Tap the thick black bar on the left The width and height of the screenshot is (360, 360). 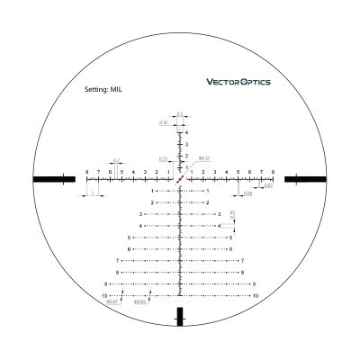pyautogui.click(x=54, y=179)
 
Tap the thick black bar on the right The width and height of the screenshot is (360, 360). pyautogui.click(x=305, y=179)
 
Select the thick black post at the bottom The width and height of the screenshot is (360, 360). pyautogui.click(x=180, y=316)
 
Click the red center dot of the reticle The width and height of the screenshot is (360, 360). pyautogui.click(x=180, y=179)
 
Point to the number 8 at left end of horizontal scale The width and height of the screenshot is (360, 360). pyautogui.click(x=86, y=171)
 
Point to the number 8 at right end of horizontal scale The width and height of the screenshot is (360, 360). pyautogui.click(x=274, y=171)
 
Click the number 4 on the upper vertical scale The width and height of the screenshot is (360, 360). pyautogui.click(x=186, y=132)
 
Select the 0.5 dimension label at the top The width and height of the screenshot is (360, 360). pyautogui.click(x=180, y=113)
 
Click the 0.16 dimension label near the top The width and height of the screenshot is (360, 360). pyautogui.click(x=164, y=121)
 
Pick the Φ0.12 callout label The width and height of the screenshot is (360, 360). pyautogui.click(x=203, y=159)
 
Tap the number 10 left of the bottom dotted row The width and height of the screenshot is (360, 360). pyautogui.click(x=105, y=295)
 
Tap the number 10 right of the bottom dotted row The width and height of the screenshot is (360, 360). pyautogui.click(x=256, y=295)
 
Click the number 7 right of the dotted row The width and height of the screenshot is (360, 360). pyautogui.click(x=242, y=260)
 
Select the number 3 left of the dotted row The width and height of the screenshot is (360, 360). pyautogui.click(x=141, y=213)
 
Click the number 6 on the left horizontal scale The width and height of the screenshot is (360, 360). pyautogui.click(x=110, y=171)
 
